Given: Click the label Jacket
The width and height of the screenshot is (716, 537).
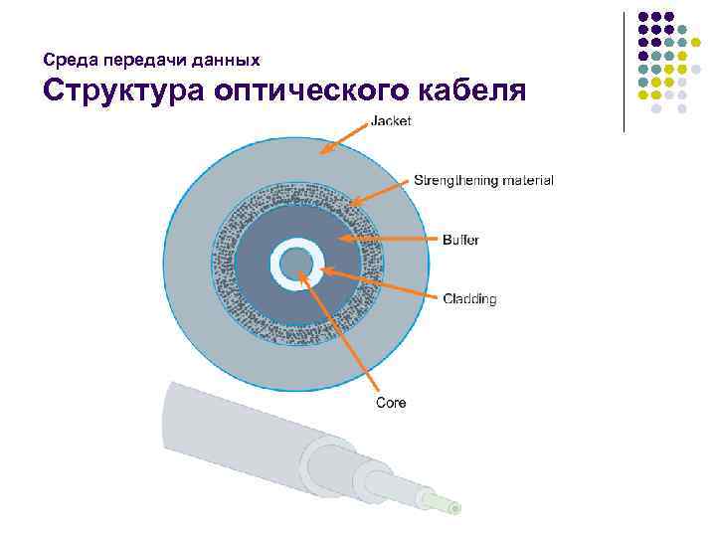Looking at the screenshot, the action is click(391, 121).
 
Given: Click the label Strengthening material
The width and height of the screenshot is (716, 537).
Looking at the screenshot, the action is click(483, 180).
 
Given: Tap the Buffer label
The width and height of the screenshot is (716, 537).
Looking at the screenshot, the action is click(461, 240).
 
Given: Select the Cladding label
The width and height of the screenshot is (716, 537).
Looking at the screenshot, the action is click(469, 298).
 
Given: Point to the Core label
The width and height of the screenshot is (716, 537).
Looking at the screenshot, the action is click(391, 402).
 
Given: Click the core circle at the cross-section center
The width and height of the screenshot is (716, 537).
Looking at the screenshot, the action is click(294, 264).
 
